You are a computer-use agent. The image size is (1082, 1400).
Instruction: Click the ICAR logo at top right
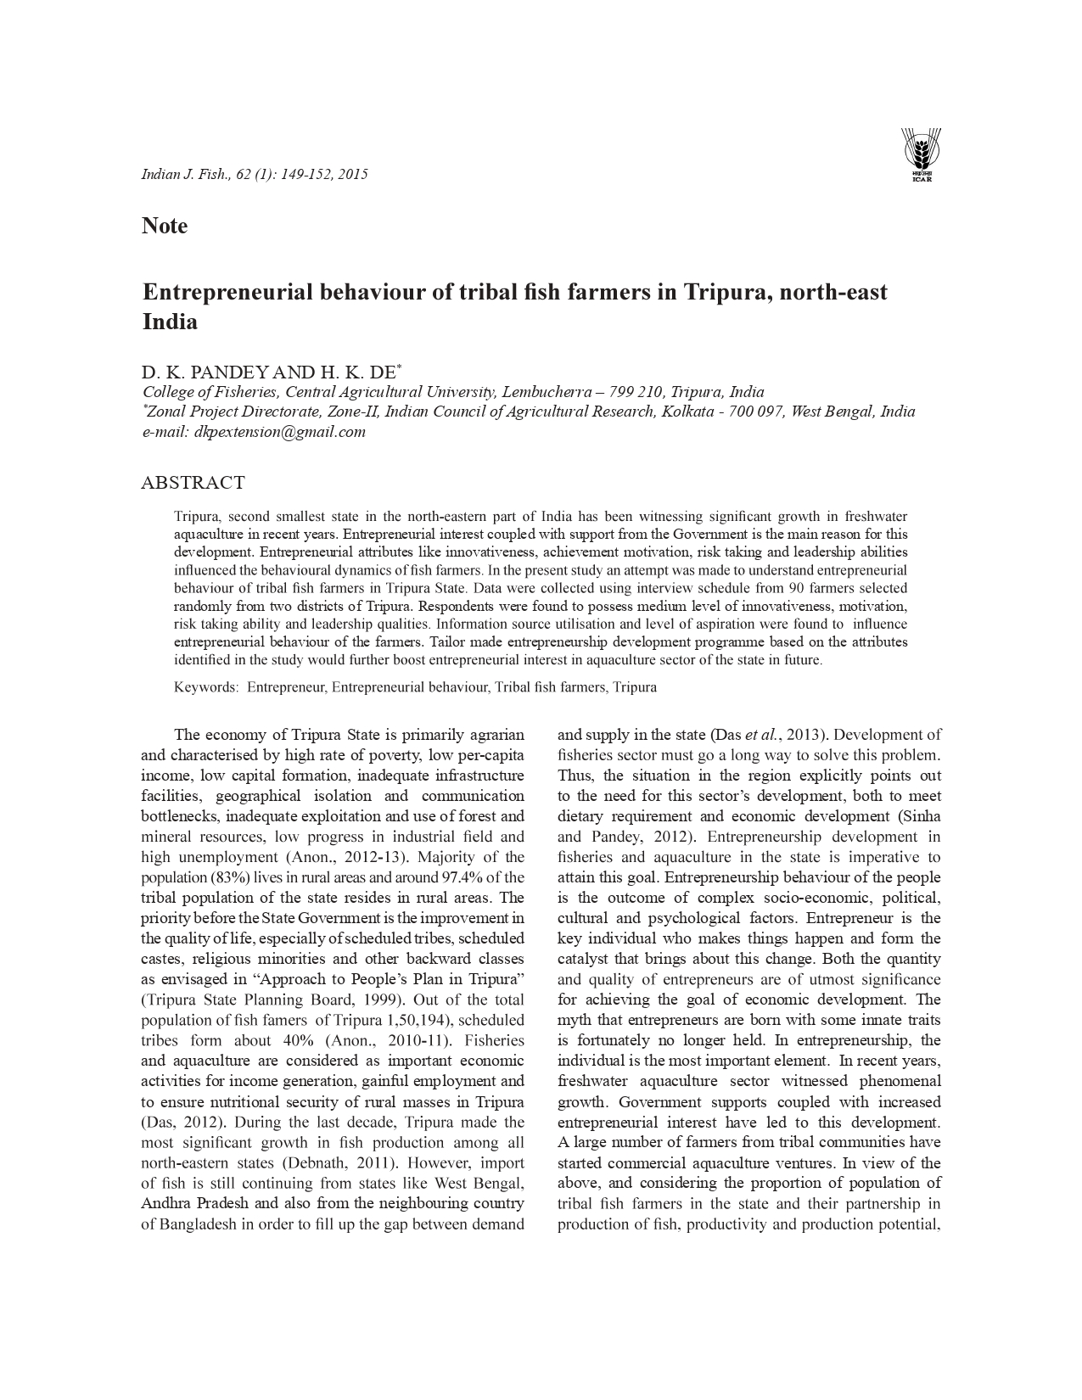(x=921, y=154)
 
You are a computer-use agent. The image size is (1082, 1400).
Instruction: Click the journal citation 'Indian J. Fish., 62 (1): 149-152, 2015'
(x=254, y=174)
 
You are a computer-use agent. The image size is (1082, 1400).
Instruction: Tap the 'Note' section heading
(x=165, y=226)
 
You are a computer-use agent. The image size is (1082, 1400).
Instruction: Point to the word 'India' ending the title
(x=170, y=322)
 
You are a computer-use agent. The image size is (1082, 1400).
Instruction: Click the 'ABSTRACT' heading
(x=193, y=483)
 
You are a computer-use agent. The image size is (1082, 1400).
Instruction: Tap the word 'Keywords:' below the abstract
(x=206, y=687)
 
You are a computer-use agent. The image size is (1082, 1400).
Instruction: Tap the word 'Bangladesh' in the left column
(x=199, y=1224)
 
